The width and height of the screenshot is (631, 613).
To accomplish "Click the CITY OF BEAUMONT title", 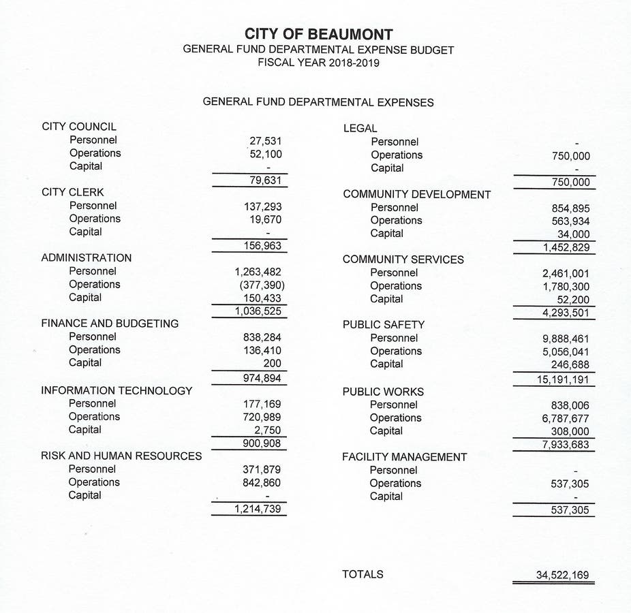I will pyautogui.click(x=318, y=34).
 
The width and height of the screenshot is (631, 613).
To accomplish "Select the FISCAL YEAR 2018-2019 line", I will pyautogui.click(x=318, y=63).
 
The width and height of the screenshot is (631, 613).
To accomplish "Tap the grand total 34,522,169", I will pyautogui.click(x=562, y=576).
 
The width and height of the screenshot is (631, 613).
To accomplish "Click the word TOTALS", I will pyautogui.click(x=363, y=574).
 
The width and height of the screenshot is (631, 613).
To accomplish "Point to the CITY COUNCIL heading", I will pyautogui.click(x=79, y=127).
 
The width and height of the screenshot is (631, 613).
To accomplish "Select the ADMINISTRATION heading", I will pyautogui.click(x=87, y=258).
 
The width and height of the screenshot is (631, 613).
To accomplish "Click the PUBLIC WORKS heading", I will pyautogui.click(x=383, y=392).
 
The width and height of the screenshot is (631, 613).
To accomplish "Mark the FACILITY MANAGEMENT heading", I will pyautogui.click(x=405, y=457).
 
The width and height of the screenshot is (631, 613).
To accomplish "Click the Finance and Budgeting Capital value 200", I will pyautogui.click(x=272, y=363).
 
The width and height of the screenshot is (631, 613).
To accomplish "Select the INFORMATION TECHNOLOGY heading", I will pyautogui.click(x=117, y=391).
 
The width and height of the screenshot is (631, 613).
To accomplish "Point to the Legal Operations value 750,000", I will pyautogui.click(x=571, y=156).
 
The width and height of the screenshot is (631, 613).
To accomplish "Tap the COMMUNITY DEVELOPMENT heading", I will pyautogui.click(x=417, y=194).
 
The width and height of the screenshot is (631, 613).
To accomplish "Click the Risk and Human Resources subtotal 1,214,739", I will pyautogui.click(x=258, y=509).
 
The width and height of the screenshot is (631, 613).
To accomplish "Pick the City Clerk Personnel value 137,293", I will pyautogui.click(x=262, y=206).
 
